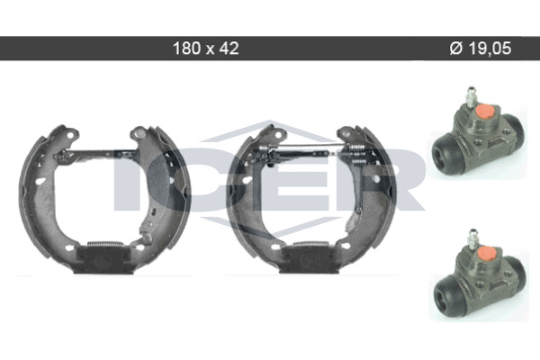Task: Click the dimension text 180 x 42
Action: click(205, 49)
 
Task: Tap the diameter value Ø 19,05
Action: click(481, 49)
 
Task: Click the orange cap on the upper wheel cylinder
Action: click(484, 112)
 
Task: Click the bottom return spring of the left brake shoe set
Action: click(104, 244)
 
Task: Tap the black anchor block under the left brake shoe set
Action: click(103, 260)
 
